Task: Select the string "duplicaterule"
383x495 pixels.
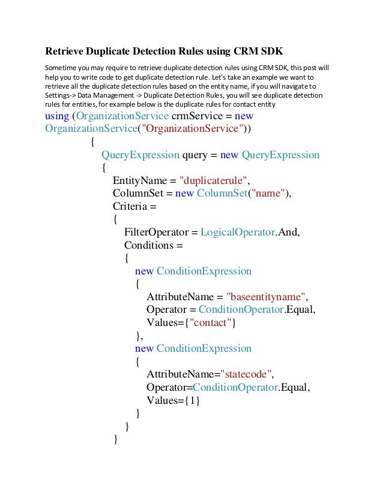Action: [x=214, y=180]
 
